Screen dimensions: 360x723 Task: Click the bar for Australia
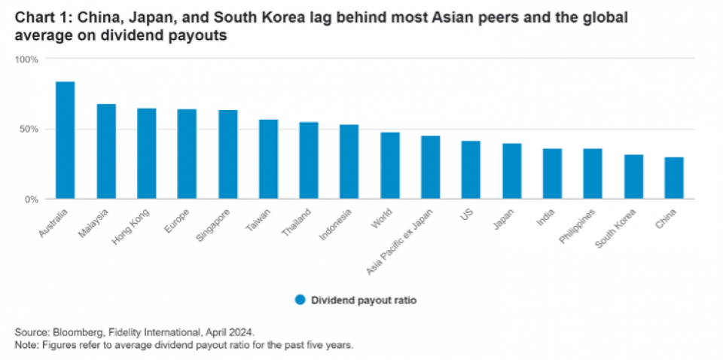[x=65, y=141]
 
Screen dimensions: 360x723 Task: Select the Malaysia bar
[x=106, y=152]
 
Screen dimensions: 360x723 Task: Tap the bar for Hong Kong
[x=146, y=154]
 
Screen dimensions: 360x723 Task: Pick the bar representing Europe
[x=187, y=154]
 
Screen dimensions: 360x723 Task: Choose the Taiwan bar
[x=268, y=160]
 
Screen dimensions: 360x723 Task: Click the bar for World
[x=390, y=166]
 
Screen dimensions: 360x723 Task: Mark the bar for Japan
[x=512, y=172]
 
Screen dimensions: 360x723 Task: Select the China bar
[x=674, y=178]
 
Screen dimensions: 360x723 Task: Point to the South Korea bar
[x=633, y=177]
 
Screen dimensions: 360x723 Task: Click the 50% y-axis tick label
[x=28, y=130]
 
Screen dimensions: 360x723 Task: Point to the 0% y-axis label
[x=31, y=200]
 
